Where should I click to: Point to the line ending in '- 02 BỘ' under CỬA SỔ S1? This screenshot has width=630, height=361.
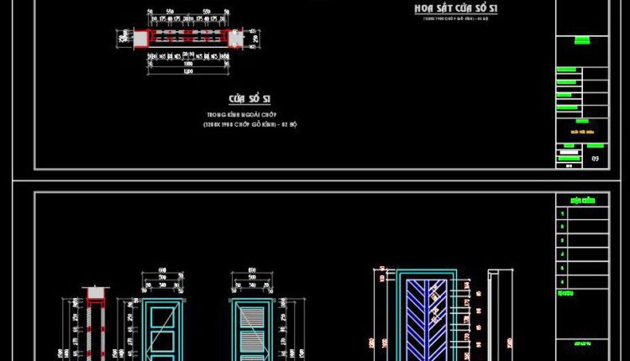tap(249, 123)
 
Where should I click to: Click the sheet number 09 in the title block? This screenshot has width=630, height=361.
tap(596, 158)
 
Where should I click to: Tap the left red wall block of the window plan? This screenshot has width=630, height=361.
tap(140, 39)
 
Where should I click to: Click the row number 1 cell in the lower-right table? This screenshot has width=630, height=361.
tap(562, 213)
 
